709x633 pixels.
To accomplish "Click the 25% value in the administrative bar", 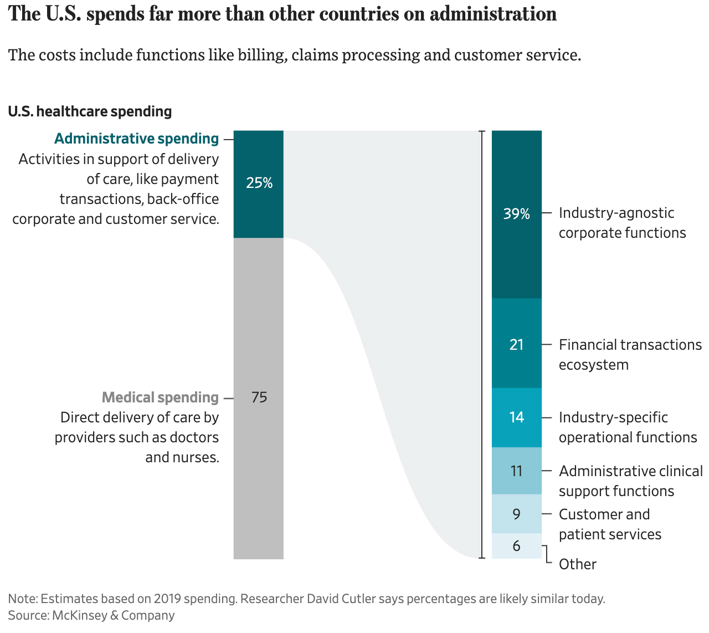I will pos(259,183).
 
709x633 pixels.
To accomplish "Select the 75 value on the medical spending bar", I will pos(259,397).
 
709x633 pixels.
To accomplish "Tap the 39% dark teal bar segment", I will pos(516,214).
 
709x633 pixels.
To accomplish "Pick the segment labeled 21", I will pos(516,344).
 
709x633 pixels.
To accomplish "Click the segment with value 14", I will pos(516,417).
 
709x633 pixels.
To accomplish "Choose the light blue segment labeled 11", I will pos(516,471).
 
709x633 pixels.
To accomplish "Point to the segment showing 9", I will pos(516,514).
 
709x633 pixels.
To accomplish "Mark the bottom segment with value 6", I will pos(516,546).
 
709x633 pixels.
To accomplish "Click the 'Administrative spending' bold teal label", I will pos(136,139).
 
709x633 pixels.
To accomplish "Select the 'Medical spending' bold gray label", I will pos(160,397).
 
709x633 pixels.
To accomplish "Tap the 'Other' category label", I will pos(577,564).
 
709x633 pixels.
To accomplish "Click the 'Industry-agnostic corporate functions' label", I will pos(621,223).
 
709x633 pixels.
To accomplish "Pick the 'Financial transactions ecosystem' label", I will pos(630,355).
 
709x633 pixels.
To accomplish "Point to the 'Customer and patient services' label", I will pos(609,524).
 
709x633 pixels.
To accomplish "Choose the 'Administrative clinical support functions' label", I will pos(630,481).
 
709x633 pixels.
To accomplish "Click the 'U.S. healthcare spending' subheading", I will pos(90,111).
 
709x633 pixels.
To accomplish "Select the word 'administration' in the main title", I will pos(493,14).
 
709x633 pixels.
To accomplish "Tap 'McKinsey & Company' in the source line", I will pos(114,615).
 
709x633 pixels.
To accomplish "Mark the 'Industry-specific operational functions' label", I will pos(627,427).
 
